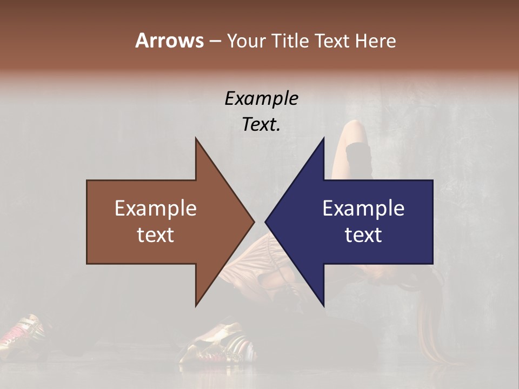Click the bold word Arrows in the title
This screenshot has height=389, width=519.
(169, 41)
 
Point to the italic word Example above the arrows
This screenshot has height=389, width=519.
(261, 99)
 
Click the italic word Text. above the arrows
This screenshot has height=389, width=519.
(261, 125)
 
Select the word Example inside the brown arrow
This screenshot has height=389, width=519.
(155, 209)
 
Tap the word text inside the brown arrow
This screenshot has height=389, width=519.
(155, 235)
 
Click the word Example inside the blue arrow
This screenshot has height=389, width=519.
(363, 209)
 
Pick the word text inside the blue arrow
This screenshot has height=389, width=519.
(363, 235)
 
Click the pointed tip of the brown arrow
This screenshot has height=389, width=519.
(254, 222)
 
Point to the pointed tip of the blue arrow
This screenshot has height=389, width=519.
(265, 222)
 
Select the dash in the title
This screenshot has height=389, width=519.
(215, 41)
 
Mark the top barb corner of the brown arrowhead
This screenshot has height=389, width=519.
(196, 138)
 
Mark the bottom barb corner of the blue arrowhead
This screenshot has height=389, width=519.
(324, 306)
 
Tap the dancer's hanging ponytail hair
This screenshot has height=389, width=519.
(432, 330)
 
